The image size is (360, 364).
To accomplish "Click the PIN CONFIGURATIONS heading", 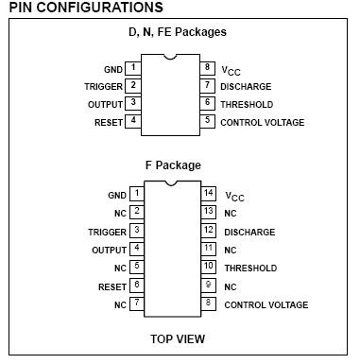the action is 86,8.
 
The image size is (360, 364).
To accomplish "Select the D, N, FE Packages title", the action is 178,32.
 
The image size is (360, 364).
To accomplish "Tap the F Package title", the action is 173,165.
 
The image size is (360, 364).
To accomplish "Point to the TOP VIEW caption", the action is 178,339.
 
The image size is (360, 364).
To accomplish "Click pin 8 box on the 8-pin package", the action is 207,68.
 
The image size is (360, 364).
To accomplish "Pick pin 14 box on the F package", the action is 209,194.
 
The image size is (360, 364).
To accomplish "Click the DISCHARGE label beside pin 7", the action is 246,87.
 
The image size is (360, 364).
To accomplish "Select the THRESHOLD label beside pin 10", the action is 250,269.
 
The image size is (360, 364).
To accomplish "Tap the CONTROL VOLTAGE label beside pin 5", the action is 263,123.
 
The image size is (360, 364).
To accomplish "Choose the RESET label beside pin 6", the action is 112,287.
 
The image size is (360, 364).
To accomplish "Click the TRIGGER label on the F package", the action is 107,233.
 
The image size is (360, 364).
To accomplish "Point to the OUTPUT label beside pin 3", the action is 105,104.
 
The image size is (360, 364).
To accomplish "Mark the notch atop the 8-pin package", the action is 170,58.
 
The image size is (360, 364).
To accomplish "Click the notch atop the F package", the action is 171,183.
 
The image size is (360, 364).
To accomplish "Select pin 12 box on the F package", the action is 209,231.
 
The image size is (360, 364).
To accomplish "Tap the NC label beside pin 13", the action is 231,214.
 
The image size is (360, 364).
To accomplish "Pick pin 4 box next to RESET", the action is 133,121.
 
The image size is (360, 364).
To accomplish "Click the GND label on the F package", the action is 117,196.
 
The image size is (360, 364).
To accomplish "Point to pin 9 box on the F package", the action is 209,286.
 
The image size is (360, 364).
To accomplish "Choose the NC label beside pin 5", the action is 120,269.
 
